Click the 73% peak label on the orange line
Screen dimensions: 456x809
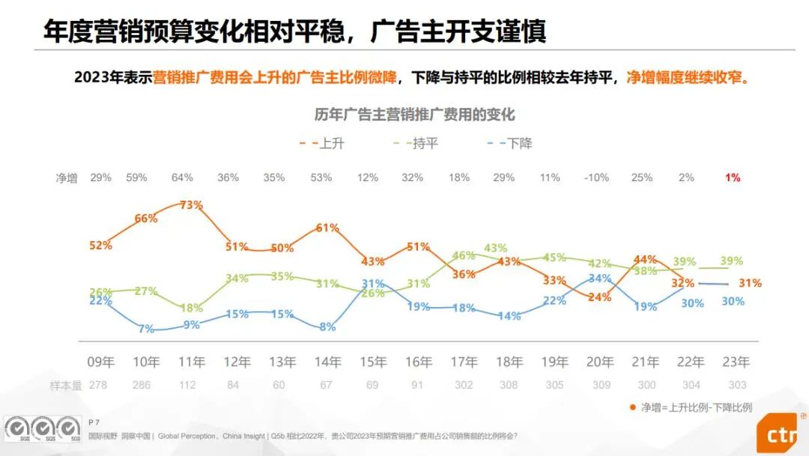point(191,205)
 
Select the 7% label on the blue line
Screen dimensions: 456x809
point(146,329)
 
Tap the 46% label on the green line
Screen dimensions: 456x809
point(464,256)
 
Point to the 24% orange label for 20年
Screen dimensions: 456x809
point(600,297)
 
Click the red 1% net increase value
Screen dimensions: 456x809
point(732,177)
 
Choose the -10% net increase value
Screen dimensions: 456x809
point(597,177)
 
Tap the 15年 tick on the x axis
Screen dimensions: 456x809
point(372,362)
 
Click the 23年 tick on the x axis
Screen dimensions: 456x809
point(735,362)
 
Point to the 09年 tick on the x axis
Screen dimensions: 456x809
point(100,362)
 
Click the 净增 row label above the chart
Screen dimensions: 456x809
point(67,178)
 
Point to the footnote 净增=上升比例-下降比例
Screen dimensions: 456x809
point(696,407)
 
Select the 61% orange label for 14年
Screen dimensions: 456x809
point(328,228)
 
